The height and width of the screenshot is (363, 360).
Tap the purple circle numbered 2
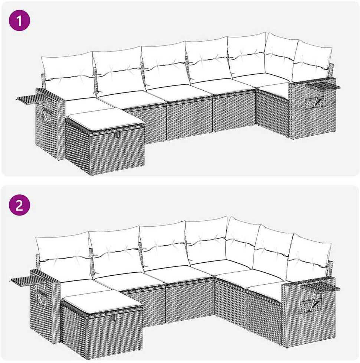click(19, 205)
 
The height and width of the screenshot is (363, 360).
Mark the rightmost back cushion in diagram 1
click(312, 61)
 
